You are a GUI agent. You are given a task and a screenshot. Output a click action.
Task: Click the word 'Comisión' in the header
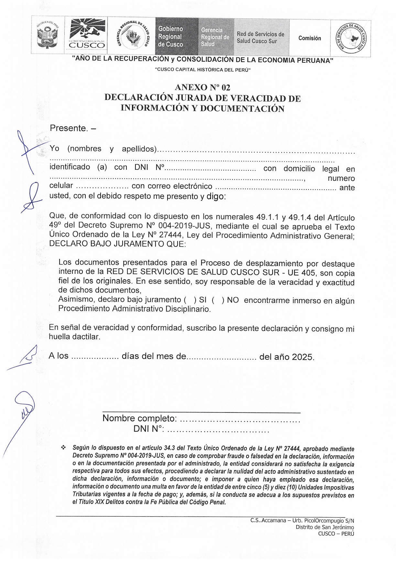[309, 38]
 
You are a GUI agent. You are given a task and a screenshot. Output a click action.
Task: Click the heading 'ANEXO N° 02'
[202, 87]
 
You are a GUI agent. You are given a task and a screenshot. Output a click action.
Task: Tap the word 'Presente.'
[69, 128]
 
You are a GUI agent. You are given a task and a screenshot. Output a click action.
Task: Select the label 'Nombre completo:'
[139, 418]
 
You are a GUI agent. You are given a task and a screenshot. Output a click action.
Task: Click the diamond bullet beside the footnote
[63, 448]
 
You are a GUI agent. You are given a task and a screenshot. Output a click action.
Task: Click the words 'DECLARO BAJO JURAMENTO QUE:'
[117, 244]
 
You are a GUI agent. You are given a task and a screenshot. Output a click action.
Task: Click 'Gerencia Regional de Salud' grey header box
[215, 37]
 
